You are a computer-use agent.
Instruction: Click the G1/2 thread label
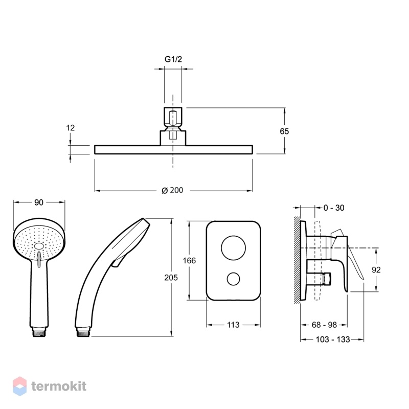[x=173, y=59]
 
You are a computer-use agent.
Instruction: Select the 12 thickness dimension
[x=71, y=128]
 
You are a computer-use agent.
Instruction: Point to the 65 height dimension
[x=284, y=131]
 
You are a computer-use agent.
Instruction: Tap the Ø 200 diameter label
[x=172, y=190]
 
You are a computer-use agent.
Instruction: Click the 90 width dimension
[x=39, y=202]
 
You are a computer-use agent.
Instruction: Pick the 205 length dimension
[x=171, y=278]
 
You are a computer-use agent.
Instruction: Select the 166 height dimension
[x=189, y=260]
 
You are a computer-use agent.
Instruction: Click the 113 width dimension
[x=233, y=325]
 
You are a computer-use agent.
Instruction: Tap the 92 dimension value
[x=376, y=269]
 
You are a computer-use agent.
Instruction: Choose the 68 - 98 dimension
[x=324, y=325]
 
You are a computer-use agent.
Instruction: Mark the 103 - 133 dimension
[x=333, y=339]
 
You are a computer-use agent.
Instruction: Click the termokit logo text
[x=59, y=386]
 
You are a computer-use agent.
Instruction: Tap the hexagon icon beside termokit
[x=20, y=387]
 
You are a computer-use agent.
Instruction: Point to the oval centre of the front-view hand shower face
[x=39, y=246]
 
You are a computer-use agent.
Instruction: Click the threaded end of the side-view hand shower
[x=83, y=333]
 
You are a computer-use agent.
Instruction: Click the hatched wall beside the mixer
[x=298, y=260]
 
